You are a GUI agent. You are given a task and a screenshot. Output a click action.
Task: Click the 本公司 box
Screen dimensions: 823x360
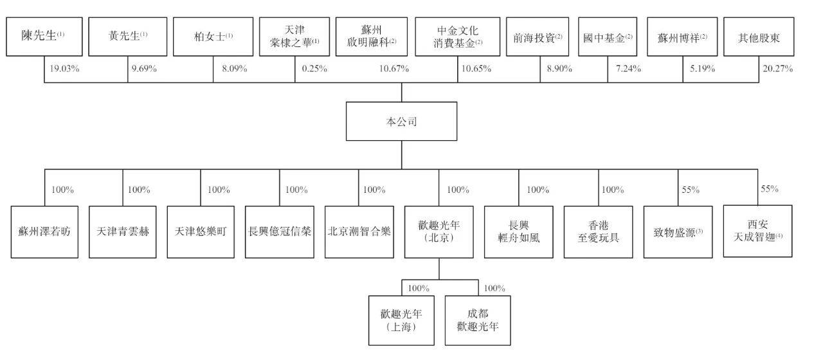point(402,122)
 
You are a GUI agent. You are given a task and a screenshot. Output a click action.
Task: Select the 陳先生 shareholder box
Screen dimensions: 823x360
point(44,37)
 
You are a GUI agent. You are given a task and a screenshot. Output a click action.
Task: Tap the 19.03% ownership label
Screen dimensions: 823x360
point(65,69)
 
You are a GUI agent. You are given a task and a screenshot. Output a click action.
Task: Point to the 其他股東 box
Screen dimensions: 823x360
point(759,37)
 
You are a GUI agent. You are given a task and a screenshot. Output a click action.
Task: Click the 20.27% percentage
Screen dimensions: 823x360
point(778,69)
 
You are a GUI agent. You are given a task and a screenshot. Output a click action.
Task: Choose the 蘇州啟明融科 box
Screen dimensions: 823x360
point(372,37)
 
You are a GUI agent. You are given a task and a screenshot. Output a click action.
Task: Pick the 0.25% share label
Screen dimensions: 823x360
point(314,69)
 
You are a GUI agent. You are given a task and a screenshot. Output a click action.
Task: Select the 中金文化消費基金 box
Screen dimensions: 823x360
point(457,37)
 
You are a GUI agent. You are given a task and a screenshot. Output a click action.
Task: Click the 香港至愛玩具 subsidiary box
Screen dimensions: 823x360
point(598,232)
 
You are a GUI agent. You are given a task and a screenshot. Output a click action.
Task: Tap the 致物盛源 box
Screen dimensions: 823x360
point(678,232)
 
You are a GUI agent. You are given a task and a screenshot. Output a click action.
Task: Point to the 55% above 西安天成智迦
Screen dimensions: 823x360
point(770,189)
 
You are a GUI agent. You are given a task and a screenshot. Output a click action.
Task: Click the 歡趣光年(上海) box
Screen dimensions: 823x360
point(401,320)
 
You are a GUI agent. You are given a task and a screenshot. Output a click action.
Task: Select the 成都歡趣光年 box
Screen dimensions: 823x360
point(478,320)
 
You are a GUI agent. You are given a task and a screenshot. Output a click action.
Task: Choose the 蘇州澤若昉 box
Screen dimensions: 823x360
point(44,232)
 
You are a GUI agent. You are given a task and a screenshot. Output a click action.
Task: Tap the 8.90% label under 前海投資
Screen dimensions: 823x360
point(559,69)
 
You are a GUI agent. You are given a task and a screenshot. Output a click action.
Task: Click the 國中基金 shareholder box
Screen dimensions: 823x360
point(608,37)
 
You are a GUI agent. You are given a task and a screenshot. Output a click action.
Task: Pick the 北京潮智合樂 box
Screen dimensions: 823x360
point(359,232)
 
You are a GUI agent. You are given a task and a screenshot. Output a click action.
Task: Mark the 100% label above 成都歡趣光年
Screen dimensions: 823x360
point(494,288)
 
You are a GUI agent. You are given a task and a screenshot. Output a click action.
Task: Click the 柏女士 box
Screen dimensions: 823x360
point(213,37)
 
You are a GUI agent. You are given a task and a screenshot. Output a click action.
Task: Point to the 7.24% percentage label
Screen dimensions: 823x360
point(628,69)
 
